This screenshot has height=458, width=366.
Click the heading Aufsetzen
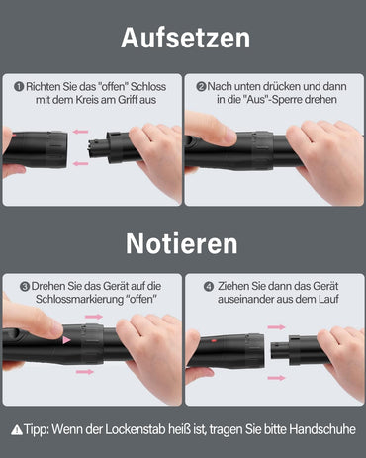(x=184, y=39)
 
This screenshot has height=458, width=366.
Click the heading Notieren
(x=183, y=243)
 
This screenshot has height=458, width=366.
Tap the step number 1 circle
(x=18, y=87)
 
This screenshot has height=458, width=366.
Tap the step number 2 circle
(x=201, y=87)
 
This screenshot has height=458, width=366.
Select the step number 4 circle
(x=209, y=286)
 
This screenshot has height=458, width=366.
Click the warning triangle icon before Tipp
(x=16, y=429)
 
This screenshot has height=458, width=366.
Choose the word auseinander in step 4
(x=244, y=300)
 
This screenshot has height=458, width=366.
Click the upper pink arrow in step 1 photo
(x=80, y=131)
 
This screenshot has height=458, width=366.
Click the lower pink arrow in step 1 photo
(x=80, y=165)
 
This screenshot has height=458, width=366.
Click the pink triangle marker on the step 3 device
(x=67, y=339)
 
